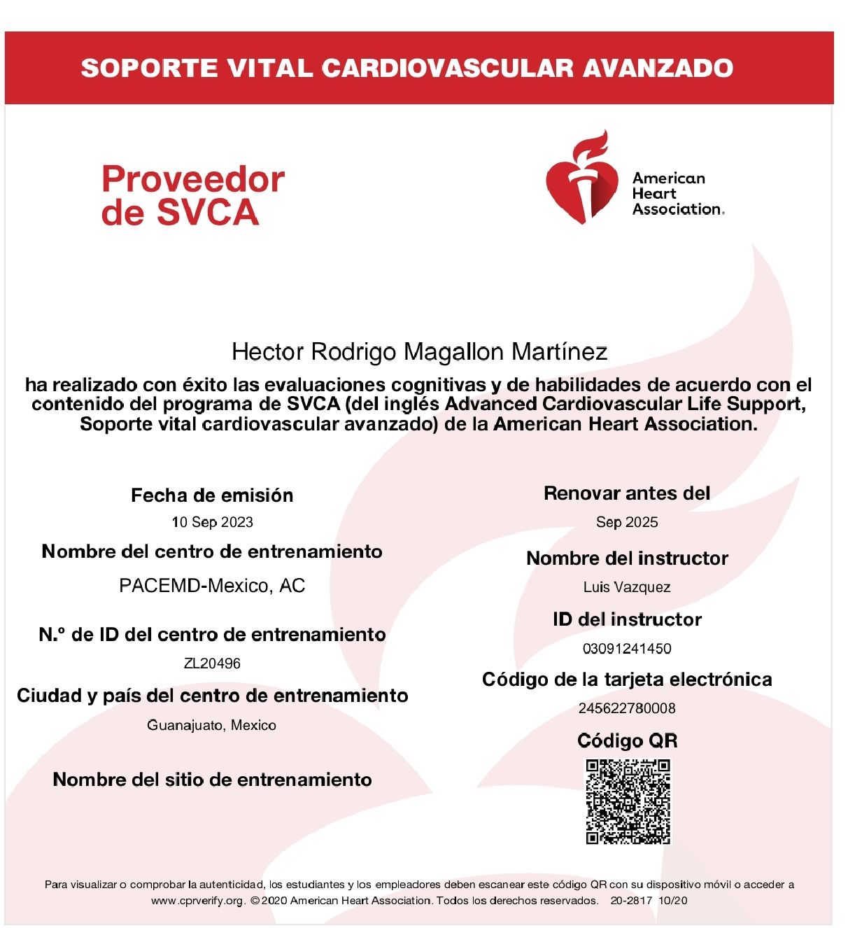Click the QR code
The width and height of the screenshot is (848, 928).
point(628,801)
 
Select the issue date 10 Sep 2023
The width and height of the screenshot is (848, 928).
point(212,522)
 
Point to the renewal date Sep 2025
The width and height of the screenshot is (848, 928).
point(627,522)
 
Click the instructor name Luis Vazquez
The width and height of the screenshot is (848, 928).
point(627,587)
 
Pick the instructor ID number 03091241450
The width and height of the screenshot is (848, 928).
point(627,649)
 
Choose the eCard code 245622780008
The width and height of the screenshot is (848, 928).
point(627,708)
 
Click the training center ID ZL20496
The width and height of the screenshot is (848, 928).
point(212,663)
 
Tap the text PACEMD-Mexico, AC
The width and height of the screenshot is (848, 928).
point(212,586)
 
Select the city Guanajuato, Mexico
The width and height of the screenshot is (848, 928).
point(211,725)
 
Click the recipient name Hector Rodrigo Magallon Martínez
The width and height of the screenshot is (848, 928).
point(419,351)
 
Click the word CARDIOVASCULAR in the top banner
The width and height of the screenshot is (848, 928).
point(447,68)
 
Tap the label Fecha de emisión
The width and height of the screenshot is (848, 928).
point(212,495)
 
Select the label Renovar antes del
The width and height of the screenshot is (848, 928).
point(627,493)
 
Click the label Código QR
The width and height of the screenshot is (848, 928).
point(627,740)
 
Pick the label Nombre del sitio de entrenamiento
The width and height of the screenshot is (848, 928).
point(212,780)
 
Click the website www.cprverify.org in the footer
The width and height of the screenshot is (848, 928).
point(198,901)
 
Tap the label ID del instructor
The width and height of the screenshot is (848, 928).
point(627,619)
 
